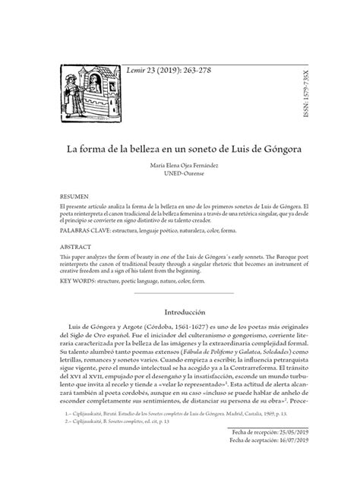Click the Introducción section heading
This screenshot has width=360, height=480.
pyautogui.click(x=179, y=312)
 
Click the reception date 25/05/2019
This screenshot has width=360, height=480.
pyautogui.click(x=287, y=450)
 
